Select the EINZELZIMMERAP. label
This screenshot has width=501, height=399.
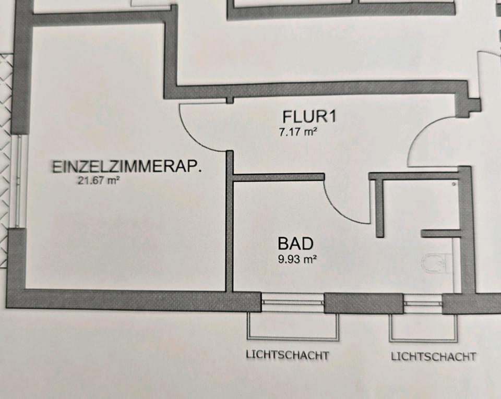pos(127,167)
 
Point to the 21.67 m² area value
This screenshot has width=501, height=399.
pos(99,182)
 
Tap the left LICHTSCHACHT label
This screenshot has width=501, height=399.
pos(288,355)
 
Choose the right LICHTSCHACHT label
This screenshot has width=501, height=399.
pos(433,357)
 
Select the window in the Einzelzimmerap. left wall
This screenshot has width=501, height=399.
pos(19,180)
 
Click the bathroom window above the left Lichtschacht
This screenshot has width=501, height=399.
pos(292,301)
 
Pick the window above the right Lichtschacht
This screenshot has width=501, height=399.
pos(423,303)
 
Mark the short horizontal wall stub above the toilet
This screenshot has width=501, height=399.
pos(440,234)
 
